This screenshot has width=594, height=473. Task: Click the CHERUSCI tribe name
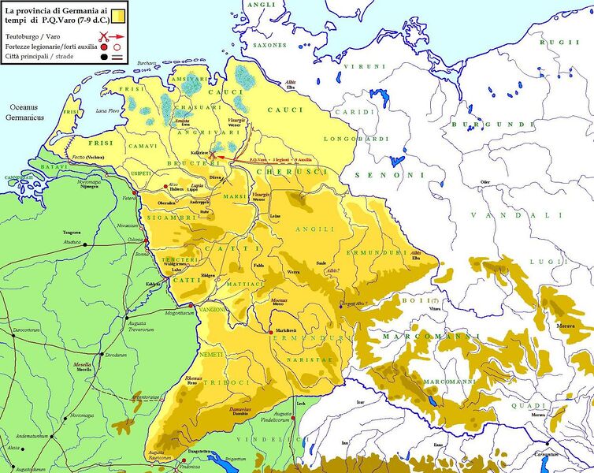(292, 171)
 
